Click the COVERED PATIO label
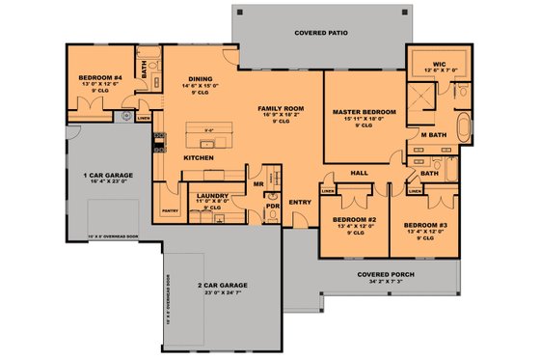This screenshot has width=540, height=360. (x=320, y=32)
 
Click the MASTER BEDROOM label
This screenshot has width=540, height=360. (x=364, y=112)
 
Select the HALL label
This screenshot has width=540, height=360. (x=360, y=173)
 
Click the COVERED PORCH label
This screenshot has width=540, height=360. (x=380, y=275)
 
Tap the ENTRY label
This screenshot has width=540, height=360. (x=300, y=202)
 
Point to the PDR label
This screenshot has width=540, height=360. (x=273, y=206)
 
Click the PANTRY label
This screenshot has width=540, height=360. (x=172, y=209)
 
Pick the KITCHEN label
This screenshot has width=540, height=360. (x=198, y=157)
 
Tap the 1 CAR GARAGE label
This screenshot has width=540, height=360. (x=109, y=176)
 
